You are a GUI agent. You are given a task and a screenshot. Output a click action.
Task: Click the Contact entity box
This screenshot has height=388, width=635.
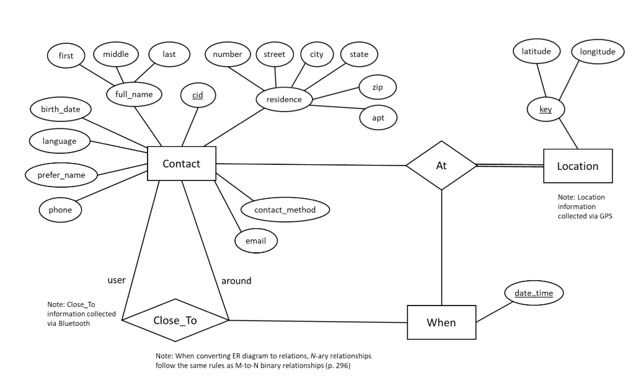[x=181, y=164]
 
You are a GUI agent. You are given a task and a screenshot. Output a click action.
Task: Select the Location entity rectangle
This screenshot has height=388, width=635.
[x=577, y=165]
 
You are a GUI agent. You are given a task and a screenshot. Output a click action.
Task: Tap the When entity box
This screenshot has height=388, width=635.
[x=441, y=322]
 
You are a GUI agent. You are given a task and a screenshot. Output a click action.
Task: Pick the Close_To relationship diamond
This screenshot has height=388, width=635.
[x=175, y=320]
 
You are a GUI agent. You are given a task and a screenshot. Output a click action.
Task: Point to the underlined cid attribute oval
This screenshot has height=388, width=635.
[x=198, y=95]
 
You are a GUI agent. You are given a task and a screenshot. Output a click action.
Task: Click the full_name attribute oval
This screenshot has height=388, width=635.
[x=134, y=94]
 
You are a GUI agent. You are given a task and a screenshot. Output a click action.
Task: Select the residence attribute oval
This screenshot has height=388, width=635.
[x=284, y=99]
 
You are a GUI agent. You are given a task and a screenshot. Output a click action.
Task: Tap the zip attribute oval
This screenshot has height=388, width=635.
[x=377, y=87]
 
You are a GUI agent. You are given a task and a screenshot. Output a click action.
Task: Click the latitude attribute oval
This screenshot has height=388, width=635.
[x=536, y=52]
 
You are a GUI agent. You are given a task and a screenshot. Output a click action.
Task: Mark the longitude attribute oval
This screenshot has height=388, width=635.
[x=597, y=52]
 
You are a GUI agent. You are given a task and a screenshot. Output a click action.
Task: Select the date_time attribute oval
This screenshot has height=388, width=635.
[x=534, y=293]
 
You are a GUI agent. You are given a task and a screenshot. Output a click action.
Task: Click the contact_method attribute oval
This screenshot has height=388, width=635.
[x=285, y=209]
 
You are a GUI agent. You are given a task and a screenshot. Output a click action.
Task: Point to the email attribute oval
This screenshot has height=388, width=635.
[x=256, y=240]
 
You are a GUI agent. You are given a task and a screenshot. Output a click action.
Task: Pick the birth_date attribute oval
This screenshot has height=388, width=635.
[x=61, y=110]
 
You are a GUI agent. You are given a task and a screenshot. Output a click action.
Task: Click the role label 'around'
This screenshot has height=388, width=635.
[x=236, y=281]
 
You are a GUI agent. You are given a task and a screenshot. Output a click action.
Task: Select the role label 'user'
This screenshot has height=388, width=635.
[x=117, y=280]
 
